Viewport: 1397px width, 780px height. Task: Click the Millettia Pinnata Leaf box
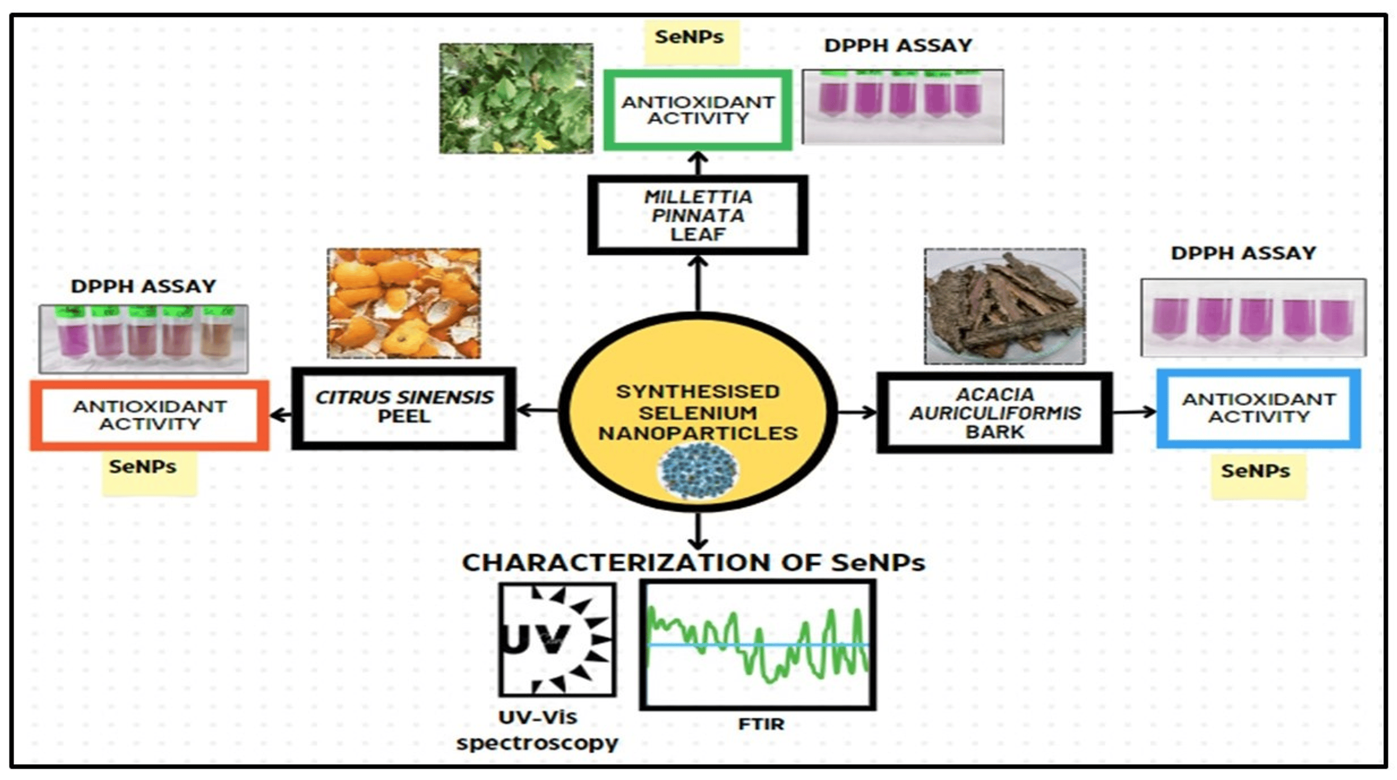(x=698, y=215)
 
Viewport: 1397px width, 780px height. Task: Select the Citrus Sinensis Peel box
(x=404, y=408)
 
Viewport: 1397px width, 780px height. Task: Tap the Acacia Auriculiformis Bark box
(x=995, y=413)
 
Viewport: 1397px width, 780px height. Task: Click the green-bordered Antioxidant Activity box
(x=698, y=110)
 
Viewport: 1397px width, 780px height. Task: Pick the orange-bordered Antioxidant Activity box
(x=149, y=415)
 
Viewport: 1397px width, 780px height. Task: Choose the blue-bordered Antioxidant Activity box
(x=1258, y=408)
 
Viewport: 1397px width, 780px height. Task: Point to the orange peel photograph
(x=404, y=303)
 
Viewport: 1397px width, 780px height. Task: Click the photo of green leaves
(x=516, y=98)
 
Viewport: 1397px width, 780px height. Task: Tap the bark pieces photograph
(x=1005, y=306)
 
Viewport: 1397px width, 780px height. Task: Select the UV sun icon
(x=557, y=639)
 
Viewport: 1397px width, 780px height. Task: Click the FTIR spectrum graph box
(x=758, y=645)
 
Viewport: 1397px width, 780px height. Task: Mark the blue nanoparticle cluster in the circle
(x=698, y=470)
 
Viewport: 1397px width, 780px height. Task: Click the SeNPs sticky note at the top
(x=690, y=38)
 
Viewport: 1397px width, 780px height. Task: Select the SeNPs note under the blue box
(x=1256, y=471)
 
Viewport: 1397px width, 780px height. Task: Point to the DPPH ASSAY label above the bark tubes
(x=1243, y=253)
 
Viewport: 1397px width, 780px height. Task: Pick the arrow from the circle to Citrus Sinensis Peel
(x=537, y=410)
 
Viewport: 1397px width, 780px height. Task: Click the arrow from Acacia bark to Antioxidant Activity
(x=1134, y=412)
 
